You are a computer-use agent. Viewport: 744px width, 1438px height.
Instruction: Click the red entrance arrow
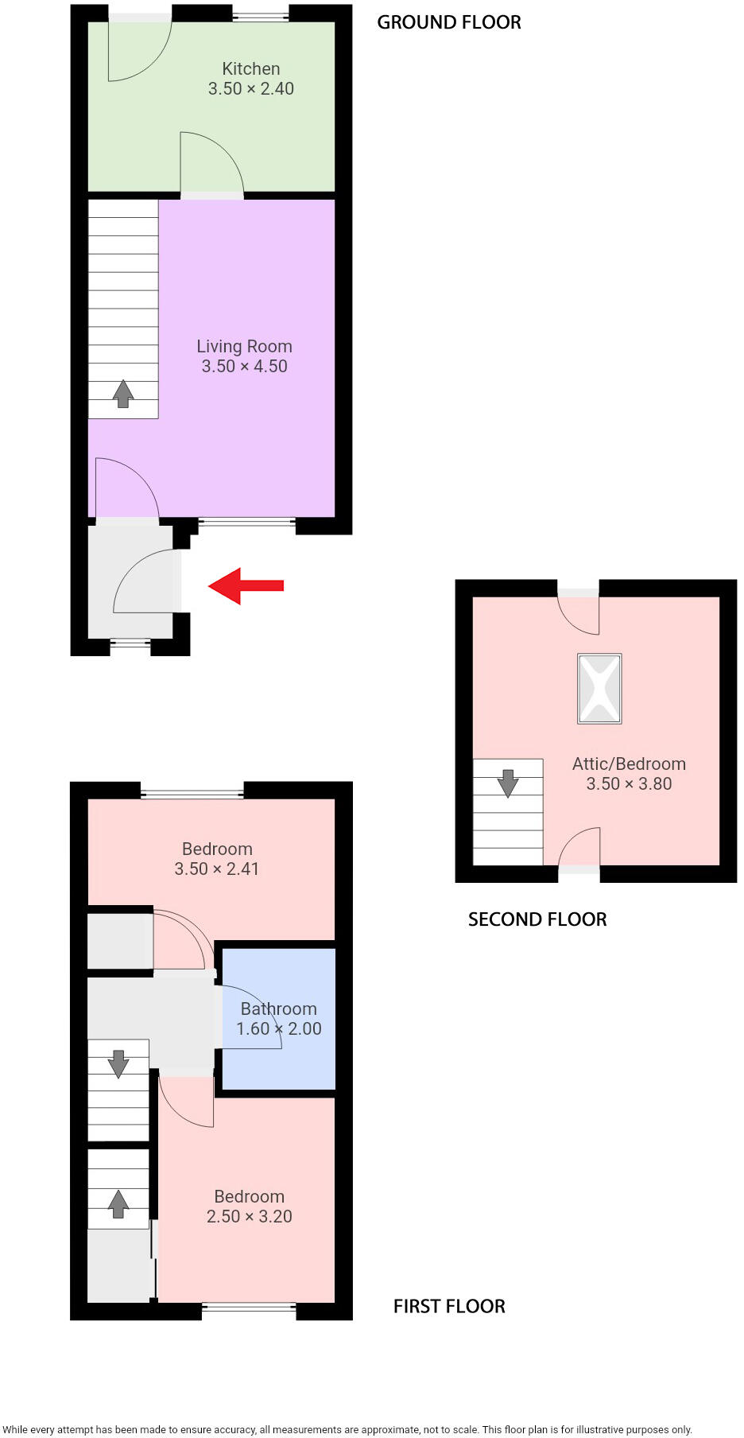pos(246,586)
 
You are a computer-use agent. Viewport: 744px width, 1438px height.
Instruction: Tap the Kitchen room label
pos(251,69)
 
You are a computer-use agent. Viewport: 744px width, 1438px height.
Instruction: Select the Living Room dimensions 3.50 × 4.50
pos(244,367)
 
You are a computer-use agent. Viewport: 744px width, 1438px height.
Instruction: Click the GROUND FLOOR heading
pos(449,23)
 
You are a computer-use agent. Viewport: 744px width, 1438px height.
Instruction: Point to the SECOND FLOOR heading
pos(537,919)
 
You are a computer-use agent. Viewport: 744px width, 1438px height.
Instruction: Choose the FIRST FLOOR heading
pos(449,1306)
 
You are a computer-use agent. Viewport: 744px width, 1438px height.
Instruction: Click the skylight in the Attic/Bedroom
pos(599,689)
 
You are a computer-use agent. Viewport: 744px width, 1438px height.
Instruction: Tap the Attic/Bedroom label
pos(629,764)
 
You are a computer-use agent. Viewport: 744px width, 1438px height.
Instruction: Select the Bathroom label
pos(279,1009)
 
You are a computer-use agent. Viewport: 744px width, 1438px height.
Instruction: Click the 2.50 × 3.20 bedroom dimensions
pos(250,1216)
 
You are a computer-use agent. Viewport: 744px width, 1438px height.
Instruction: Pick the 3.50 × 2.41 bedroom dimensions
pos(217,869)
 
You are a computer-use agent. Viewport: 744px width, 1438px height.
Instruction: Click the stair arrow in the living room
pos(123,394)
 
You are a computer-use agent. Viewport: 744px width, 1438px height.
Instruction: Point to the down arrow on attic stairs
pos(508,783)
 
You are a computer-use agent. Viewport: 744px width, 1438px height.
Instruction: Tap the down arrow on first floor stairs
pos(118,1063)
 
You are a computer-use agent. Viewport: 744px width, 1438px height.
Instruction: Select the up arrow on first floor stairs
pos(118,1204)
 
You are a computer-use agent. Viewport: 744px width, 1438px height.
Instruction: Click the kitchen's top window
pos(261,14)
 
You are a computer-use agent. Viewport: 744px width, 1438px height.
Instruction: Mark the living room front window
pos(246,523)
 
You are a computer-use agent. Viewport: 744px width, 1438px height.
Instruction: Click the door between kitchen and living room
pos(212,195)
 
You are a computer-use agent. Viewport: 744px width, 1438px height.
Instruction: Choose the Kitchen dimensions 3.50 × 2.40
pos(251,89)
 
